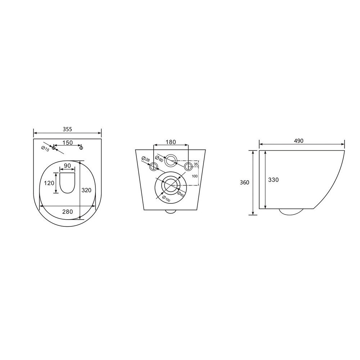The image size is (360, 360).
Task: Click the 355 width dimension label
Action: point(68,129)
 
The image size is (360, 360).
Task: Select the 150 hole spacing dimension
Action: point(68,143)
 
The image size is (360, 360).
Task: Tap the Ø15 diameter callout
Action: point(45,149)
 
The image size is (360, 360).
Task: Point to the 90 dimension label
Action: point(67,166)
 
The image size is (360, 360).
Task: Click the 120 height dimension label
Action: point(49,183)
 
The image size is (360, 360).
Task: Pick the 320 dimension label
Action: point(86,190)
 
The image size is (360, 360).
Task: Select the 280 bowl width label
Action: point(68,211)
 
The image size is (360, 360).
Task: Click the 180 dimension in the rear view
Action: point(171,142)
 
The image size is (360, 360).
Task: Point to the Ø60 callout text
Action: point(159,159)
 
